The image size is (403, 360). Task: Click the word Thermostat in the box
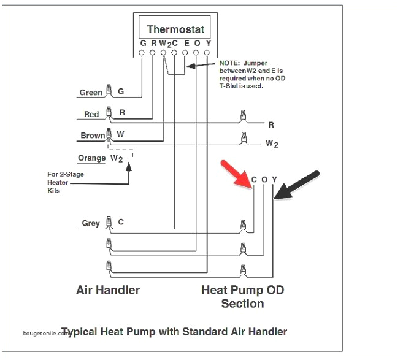175,29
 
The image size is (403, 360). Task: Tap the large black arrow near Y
296,185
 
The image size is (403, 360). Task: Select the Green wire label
91,93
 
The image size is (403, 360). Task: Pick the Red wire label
91,115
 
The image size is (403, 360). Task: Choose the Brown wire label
93,136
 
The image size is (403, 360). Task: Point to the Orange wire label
92,158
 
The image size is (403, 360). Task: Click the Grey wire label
91,223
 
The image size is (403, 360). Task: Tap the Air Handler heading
108,290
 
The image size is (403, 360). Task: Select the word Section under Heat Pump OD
242,304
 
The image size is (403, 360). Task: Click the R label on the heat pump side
271,124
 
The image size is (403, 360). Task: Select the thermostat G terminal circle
142,53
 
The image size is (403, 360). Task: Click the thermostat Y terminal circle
207,53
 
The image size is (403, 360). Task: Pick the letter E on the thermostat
185,44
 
